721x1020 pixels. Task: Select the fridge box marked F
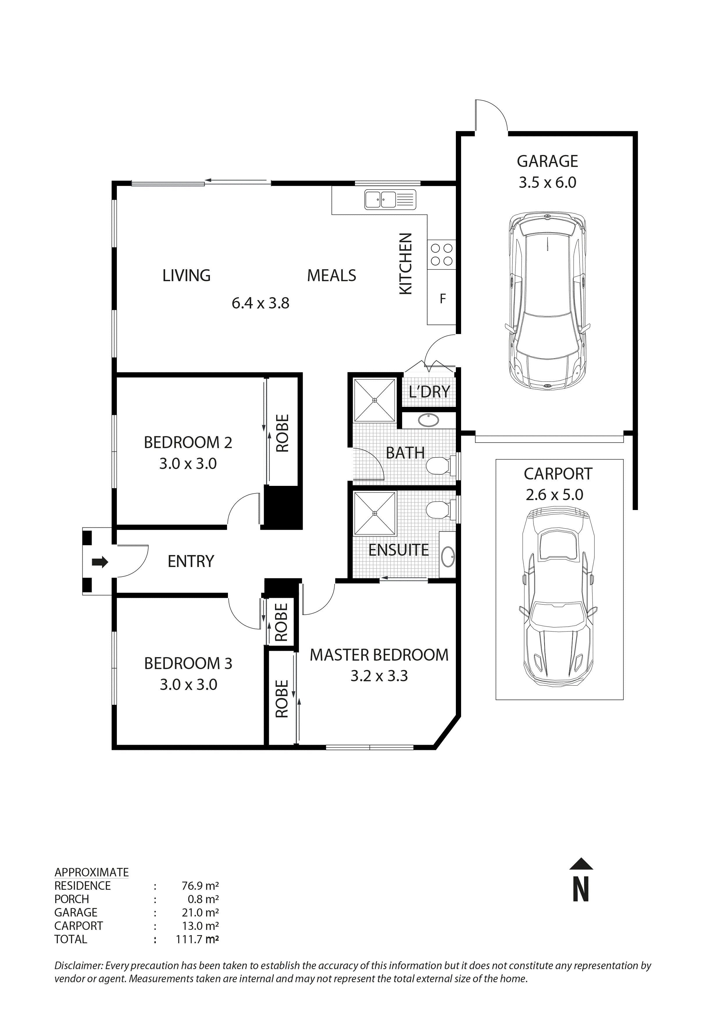(442, 299)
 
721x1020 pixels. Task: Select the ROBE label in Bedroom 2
(283, 433)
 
